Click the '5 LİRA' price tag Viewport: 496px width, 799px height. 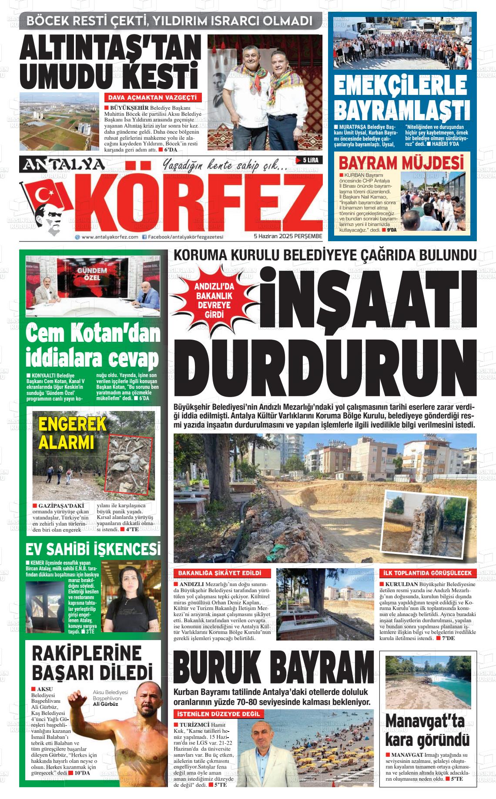pos(309,160)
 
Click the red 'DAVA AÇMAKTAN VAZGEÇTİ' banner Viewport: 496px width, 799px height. pos(152,97)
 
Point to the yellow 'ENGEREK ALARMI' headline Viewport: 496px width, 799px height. pos(67,433)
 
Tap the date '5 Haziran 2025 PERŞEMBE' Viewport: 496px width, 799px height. pos(288,236)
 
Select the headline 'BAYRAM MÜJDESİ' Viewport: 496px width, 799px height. pos(401,164)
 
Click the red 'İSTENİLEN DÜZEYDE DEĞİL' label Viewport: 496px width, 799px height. pos(218,714)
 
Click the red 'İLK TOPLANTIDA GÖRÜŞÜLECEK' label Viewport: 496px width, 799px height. pos(428,573)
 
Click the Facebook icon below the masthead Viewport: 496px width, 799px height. pos(144,237)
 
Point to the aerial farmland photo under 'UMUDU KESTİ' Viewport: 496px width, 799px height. pos(60,121)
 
